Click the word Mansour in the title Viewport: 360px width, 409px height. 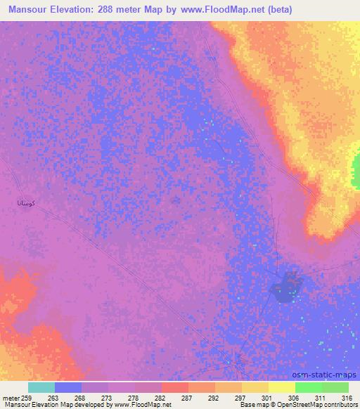32,10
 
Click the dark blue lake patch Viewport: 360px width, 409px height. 285,287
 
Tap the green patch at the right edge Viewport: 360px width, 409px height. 356,169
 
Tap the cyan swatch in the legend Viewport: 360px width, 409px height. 41,387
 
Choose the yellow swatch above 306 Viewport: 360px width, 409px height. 281,387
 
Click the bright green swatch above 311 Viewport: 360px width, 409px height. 308,387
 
